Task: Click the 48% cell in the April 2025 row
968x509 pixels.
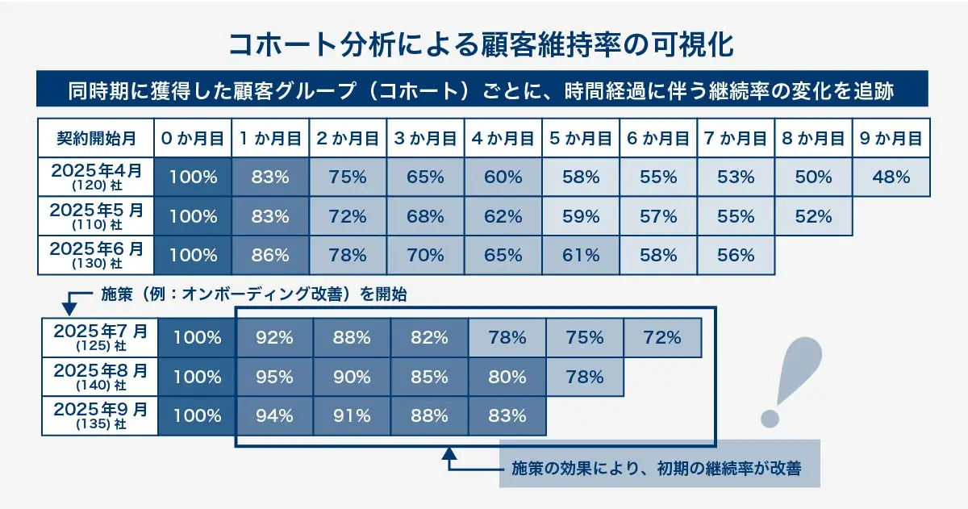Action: coord(891,177)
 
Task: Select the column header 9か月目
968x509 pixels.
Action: coord(891,138)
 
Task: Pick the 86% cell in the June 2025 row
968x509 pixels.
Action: coord(270,256)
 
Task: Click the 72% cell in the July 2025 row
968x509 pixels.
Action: coord(662,338)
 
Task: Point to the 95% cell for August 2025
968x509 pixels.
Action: coord(275,377)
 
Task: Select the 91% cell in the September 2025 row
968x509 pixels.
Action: coord(353,416)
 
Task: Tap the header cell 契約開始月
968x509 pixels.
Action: coord(96,138)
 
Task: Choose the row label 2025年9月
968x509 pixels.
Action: coord(101,416)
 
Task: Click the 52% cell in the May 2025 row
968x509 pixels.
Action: coord(813,217)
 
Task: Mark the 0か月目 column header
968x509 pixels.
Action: coord(192,138)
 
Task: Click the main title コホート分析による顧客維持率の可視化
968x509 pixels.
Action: coord(482,44)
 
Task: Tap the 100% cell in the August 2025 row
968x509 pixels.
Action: coord(198,377)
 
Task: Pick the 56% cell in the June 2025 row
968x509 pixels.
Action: coord(735,256)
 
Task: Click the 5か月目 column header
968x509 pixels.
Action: coord(580,138)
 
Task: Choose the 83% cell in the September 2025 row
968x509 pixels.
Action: coord(507,416)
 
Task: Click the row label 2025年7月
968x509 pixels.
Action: coord(101,337)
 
